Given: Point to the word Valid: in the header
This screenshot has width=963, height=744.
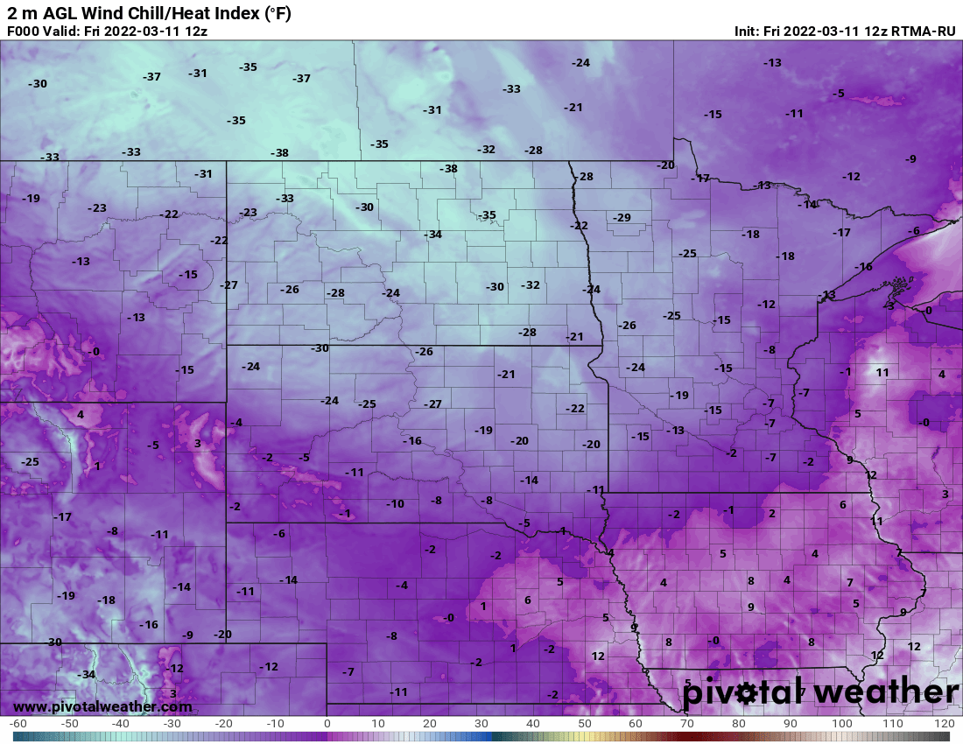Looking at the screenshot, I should (x=64, y=32).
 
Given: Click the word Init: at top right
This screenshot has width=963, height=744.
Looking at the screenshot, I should (x=749, y=32).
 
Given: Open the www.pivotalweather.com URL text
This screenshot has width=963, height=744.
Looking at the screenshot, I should (x=102, y=706).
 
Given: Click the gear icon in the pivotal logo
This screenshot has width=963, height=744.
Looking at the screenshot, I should (x=746, y=693).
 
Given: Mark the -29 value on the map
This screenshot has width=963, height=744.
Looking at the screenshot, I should (x=622, y=217).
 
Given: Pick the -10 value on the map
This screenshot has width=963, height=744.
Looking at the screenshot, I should (x=396, y=503).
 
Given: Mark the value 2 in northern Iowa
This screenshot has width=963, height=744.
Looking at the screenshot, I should (x=772, y=513).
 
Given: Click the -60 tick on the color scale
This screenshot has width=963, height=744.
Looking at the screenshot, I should (x=18, y=724).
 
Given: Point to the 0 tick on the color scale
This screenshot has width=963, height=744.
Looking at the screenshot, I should (x=327, y=724).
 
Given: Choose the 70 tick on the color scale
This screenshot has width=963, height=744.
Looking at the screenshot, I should (x=687, y=724).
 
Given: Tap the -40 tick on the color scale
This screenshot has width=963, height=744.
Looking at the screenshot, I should (x=121, y=724).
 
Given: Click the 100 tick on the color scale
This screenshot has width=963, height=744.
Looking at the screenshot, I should (x=842, y=724).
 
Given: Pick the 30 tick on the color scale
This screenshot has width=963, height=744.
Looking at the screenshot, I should (x=481, y=724).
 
